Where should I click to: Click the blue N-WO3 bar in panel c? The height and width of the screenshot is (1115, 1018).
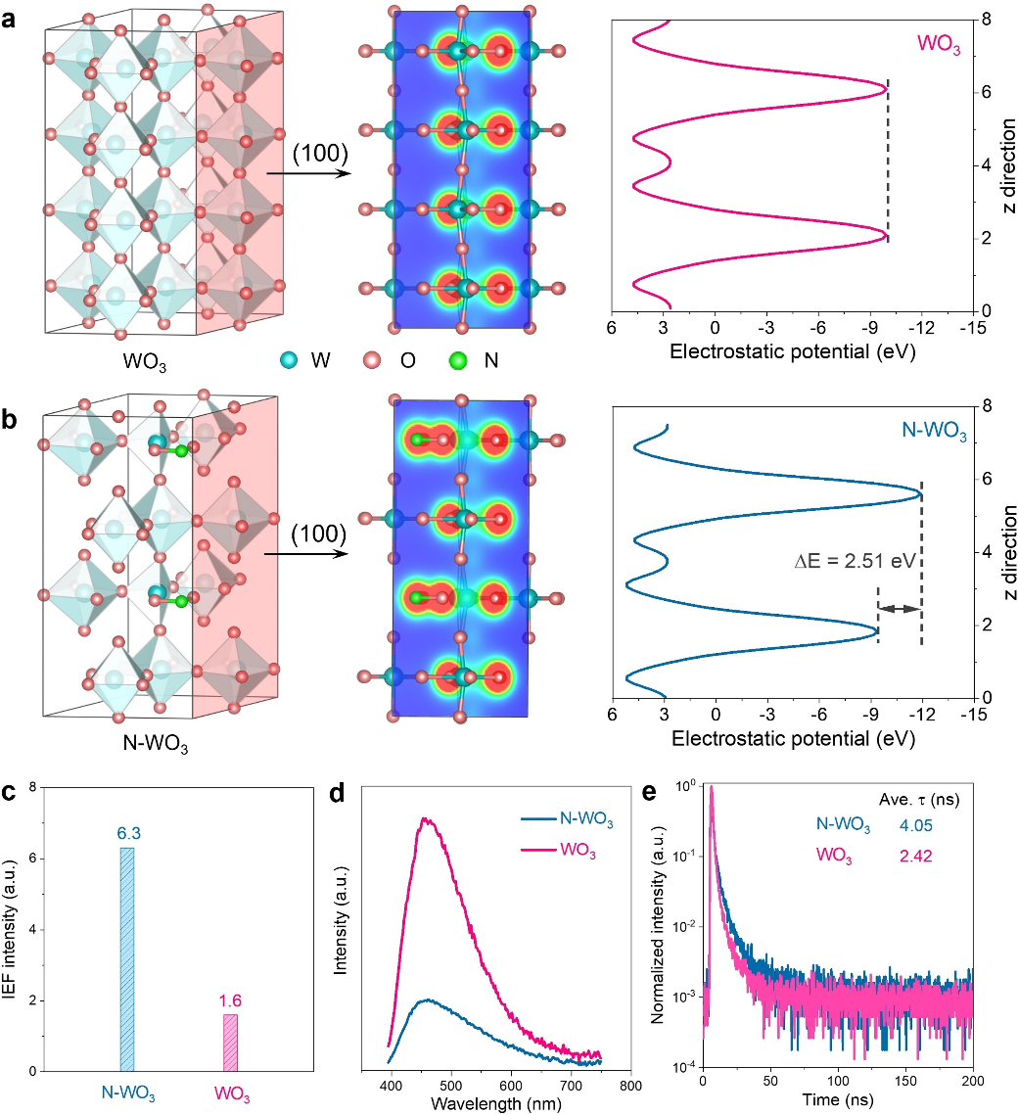coord(126,959)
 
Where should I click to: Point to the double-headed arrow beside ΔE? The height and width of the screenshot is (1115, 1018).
coord(900,609)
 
